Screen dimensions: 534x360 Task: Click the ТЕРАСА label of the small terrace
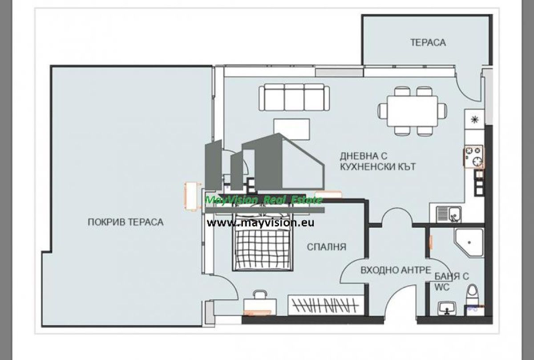pos(428,42)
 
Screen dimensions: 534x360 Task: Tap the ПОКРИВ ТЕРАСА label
pos(125,222)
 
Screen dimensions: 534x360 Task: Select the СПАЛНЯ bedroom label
pos(326,247)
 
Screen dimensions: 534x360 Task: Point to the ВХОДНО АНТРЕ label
pos(396,270)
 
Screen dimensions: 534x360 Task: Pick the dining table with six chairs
pos(413,111)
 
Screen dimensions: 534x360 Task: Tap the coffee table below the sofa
pos(291,129)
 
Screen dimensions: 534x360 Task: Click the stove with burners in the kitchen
pos(473,157)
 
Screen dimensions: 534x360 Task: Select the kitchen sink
pos(449,214)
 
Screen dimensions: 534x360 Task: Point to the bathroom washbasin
pos(447,308)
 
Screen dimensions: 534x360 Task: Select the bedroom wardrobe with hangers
pos(326,305)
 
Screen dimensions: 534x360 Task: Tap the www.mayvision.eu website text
pos(260,223)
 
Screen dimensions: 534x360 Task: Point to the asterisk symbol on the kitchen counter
pos(475,119)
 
